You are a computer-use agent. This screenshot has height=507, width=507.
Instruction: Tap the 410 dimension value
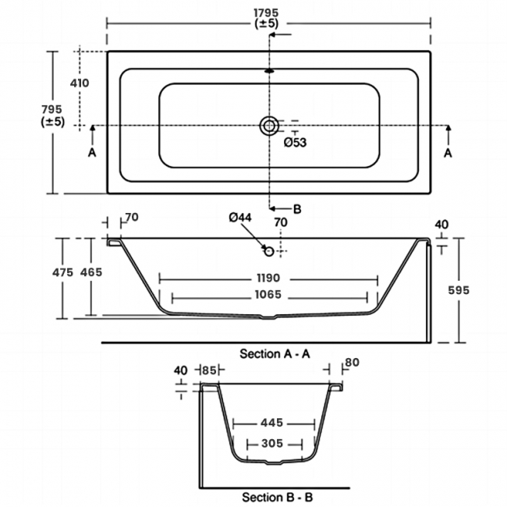tap(80, 83)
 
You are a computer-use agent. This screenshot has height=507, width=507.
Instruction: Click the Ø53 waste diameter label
tap(295, 142)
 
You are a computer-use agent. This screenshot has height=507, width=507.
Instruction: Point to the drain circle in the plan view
tap(269, 125)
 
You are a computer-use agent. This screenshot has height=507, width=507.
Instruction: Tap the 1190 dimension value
tap(268, 278)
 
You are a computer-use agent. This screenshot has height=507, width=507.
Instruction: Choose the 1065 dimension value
tap(268, 296)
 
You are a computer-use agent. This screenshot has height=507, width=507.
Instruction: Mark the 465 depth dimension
tap(90, 272)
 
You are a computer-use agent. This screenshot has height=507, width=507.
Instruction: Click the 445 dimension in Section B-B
tap(271, 423)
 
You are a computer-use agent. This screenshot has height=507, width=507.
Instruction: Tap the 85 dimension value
tap(207, 370)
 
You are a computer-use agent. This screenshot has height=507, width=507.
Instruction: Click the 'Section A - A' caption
tap(275, 353)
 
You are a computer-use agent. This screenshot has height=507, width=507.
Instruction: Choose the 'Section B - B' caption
tap(278, 496)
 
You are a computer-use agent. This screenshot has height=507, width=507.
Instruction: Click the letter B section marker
tap(296, 208)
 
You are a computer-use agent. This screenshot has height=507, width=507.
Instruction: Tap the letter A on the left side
tap(91, 154)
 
